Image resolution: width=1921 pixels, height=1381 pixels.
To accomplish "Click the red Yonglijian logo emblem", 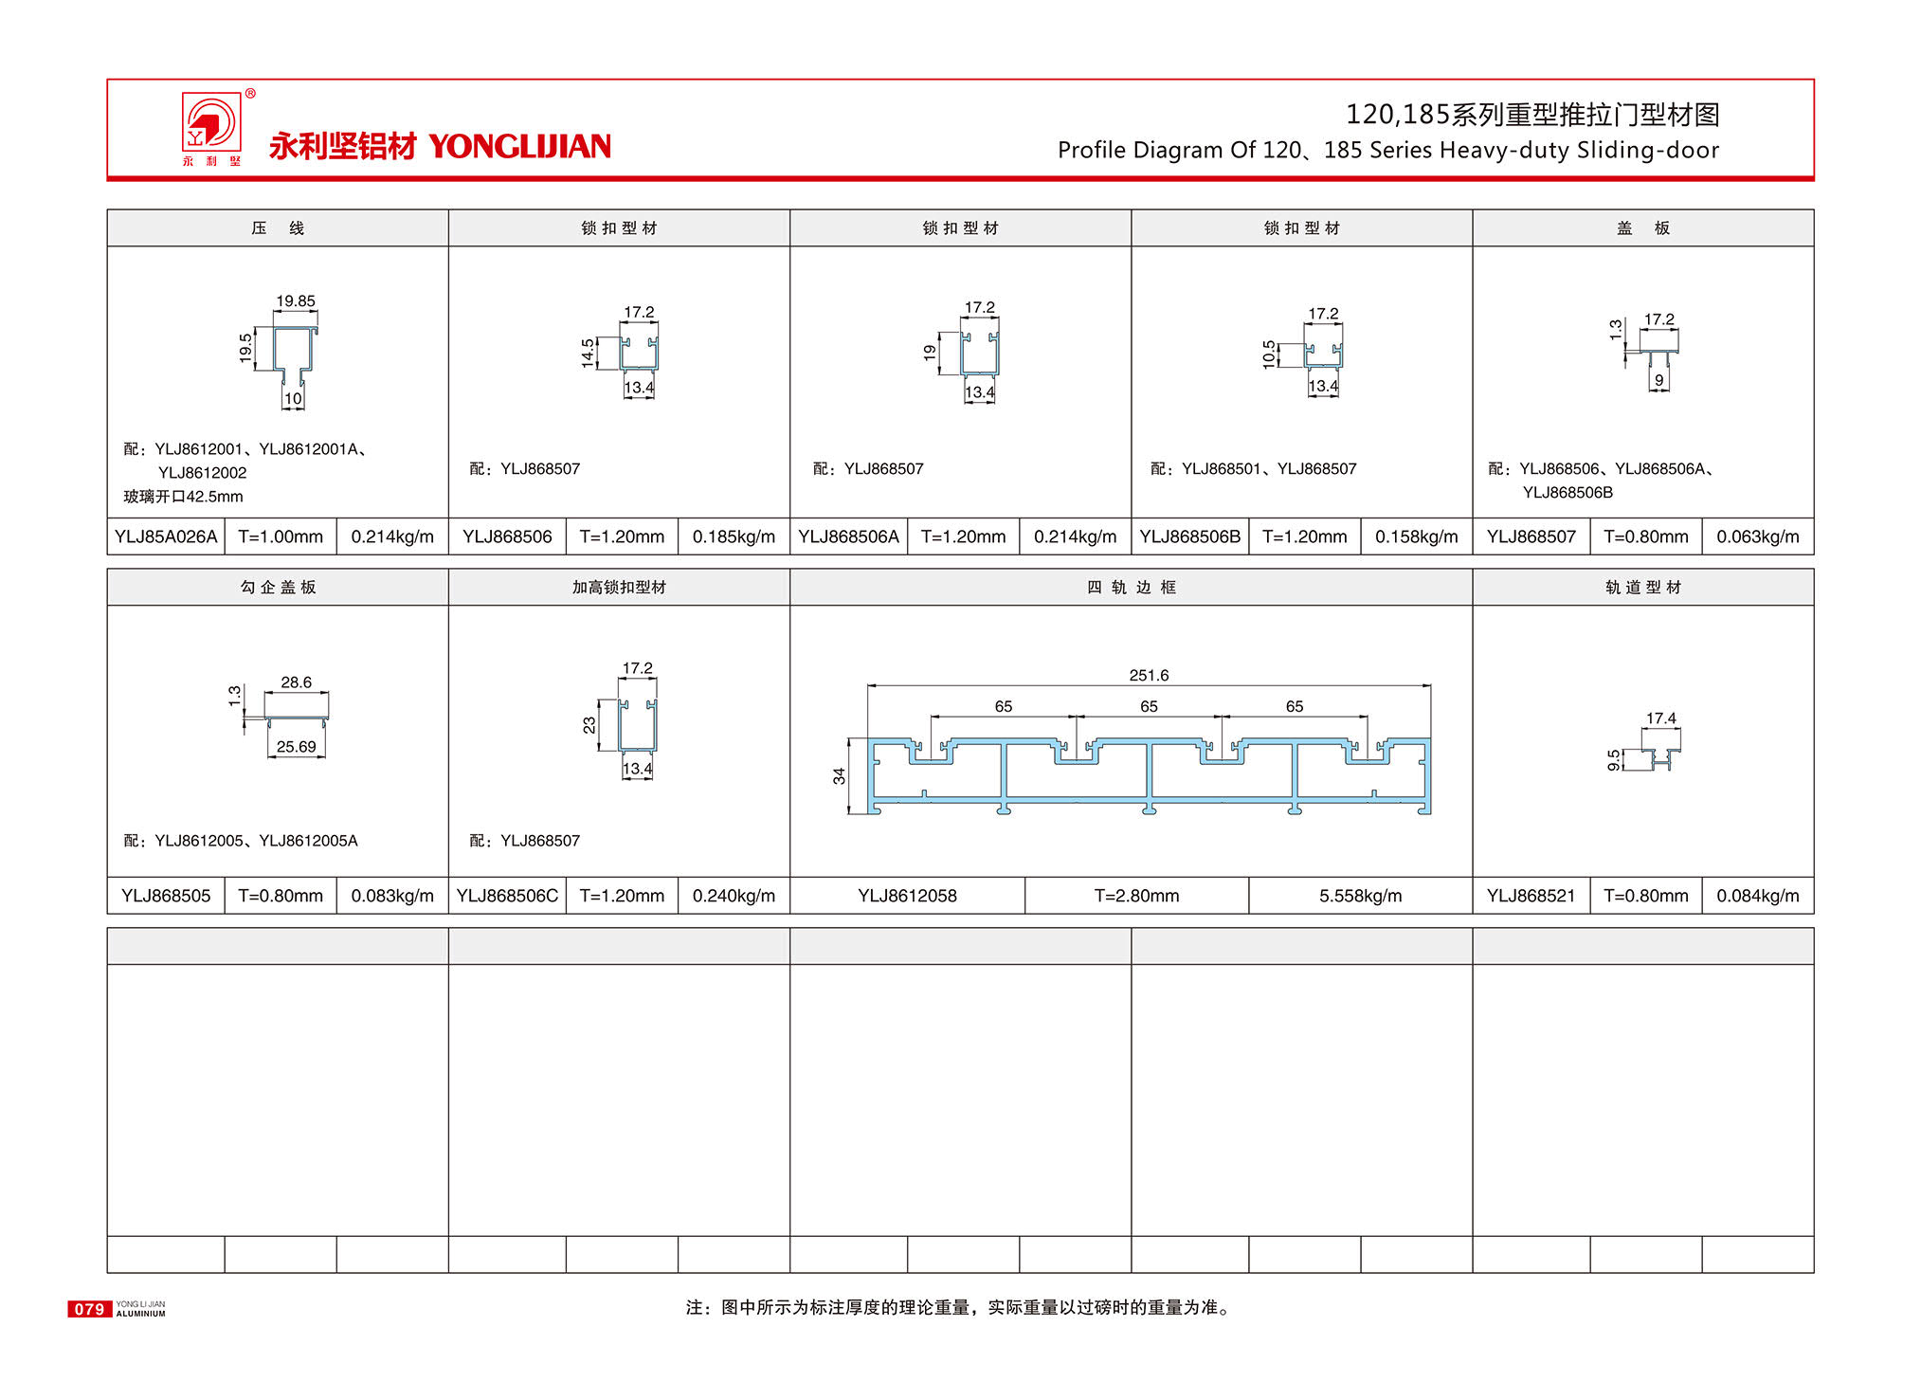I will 211,123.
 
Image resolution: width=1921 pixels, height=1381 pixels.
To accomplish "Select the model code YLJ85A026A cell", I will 166,536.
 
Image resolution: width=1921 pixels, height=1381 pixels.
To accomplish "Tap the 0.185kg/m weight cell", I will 734,536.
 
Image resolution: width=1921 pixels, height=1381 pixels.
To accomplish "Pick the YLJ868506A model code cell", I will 848,536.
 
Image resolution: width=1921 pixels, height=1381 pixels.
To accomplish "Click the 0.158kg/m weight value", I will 1416,536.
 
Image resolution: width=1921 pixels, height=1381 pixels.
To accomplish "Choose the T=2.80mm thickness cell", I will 1136,896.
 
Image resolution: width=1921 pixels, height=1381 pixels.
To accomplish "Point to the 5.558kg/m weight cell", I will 1360,896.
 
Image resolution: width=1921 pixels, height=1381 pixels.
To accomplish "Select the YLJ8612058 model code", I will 907,896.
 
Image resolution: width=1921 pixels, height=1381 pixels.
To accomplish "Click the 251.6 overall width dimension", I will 1149,675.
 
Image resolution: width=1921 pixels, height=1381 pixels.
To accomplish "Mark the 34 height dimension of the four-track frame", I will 839,776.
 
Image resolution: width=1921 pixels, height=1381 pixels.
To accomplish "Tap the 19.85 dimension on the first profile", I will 296,301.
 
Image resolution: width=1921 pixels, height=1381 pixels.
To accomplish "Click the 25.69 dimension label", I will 296,747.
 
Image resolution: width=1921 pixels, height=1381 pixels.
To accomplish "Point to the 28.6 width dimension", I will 296,682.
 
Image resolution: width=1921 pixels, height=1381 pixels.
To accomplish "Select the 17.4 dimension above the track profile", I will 1660,718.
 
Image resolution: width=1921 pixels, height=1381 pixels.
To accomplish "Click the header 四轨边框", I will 1131,588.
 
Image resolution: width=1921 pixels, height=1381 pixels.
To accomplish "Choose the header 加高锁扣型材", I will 619,588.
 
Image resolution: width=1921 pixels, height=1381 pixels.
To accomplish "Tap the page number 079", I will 89,1309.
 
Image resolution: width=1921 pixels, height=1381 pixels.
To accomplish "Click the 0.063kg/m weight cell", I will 1757,536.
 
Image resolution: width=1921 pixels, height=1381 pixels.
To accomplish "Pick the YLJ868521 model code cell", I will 1531,896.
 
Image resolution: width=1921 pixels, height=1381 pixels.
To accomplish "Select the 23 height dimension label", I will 589,725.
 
